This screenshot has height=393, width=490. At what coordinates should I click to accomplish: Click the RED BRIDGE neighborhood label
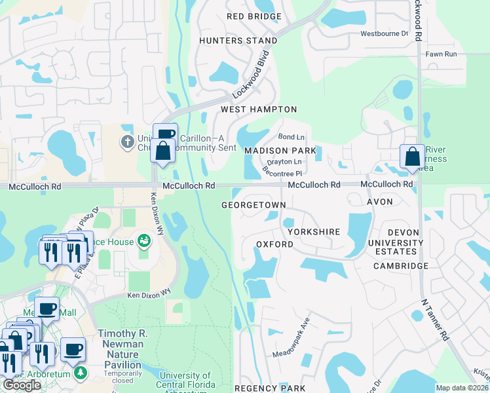(x=254, y=16)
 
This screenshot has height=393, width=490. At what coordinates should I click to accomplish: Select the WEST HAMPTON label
(x=259, y=109)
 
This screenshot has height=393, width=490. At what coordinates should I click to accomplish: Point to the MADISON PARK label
(x=280, y=151)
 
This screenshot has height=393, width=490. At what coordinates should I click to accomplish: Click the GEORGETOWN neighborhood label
(x=254, y=205)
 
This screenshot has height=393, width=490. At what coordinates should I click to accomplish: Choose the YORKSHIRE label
(x=312, y=232)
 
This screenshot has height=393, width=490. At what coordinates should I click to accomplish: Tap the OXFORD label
(x=274, y=244)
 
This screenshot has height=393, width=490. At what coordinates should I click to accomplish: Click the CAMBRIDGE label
(x=401, y=266)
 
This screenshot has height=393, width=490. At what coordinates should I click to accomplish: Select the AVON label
(x=380, y=202)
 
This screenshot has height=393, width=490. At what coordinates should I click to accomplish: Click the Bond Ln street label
(x=292, y=137)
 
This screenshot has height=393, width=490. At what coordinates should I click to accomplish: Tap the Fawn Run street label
(x=441, y=54)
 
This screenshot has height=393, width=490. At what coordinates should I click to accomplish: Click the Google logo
(x=22, y=385)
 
